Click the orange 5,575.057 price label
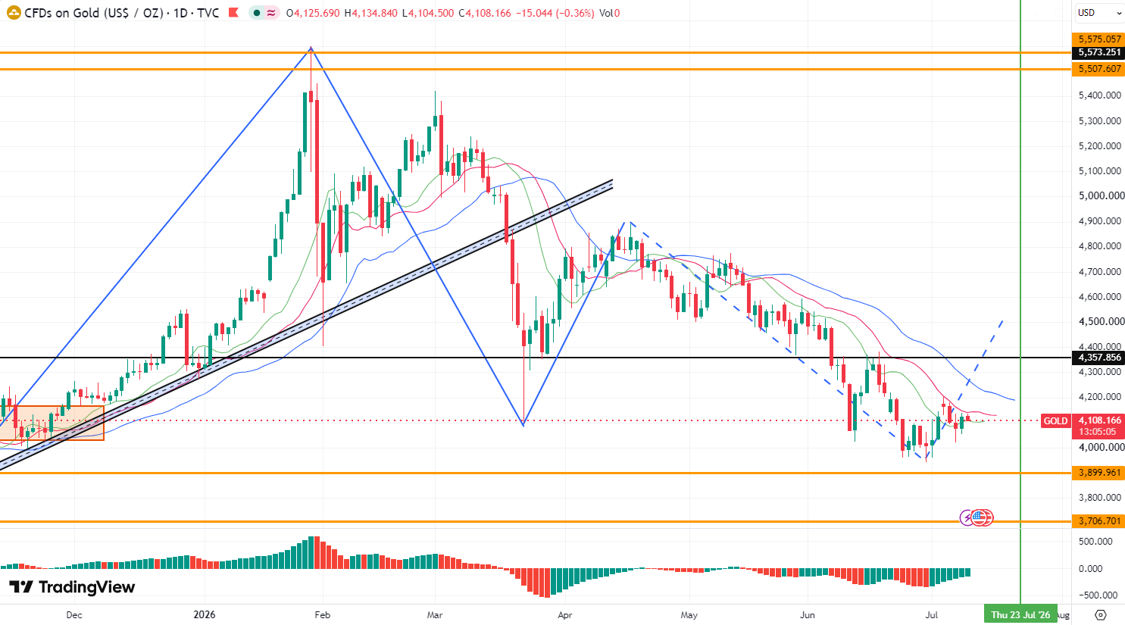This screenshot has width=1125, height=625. point(1098,39)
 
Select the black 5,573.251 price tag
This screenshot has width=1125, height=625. point(1098,52)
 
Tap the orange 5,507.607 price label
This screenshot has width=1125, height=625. point(1098,69)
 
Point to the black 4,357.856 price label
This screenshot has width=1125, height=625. point(1098,358)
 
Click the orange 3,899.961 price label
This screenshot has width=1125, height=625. point(1098,473)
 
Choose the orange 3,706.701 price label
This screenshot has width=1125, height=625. point(1098,521)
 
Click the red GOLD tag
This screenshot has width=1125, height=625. point(1055,421)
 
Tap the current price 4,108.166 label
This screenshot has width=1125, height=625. point(1098,420)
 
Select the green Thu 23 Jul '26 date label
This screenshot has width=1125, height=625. point(1020,615)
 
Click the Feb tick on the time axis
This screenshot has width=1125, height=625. point(323,615)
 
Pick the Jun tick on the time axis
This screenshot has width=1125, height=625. point(807,615)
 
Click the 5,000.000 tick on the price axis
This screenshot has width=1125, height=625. point(1099,196)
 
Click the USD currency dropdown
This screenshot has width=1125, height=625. point(1098,13)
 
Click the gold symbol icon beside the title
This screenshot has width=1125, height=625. point(14,13)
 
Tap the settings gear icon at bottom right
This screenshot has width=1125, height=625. point(1101,615)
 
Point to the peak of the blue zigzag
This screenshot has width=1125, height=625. point(311,47)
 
